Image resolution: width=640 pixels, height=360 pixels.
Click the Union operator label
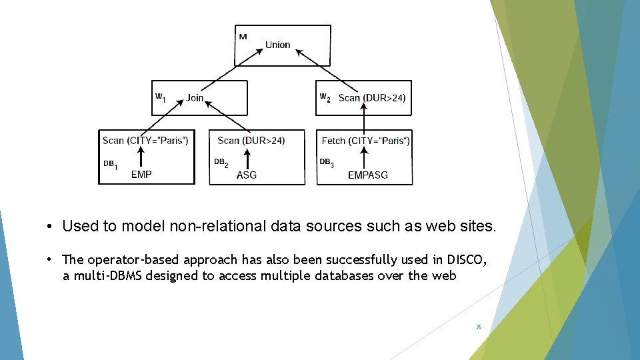(x=277, y=45)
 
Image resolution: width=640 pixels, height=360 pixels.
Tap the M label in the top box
(x=243, y=37)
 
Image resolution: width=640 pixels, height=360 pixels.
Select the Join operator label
(x=195, y=98)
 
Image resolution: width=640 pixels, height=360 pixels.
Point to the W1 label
(x=160, y=97)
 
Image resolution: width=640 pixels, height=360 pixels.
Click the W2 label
(x=325, y=97)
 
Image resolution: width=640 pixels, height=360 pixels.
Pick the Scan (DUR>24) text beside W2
(x=371, y=98)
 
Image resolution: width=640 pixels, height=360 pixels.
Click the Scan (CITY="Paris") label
(x=145, y=140)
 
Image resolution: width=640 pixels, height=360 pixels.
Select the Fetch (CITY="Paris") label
(x=365, y=140)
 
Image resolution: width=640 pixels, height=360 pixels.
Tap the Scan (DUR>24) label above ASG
(x=251, y=140)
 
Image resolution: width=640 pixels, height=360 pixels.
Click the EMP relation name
(x=141, y=175)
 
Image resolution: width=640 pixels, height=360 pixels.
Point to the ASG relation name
(x=247, y=175)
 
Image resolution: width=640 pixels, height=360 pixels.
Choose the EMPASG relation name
(x=368, y=175)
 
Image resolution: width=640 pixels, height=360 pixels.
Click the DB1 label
(x=111, y=164)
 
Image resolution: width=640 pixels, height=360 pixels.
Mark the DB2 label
(x=221, y=163)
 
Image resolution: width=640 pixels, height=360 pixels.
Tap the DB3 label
(x=326, y=163)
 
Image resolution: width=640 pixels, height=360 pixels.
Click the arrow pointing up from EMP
(x=141, y=158)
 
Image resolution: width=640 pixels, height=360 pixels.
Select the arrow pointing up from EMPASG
(x=365, y=158)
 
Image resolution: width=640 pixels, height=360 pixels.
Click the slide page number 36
(x=479, y=327)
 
